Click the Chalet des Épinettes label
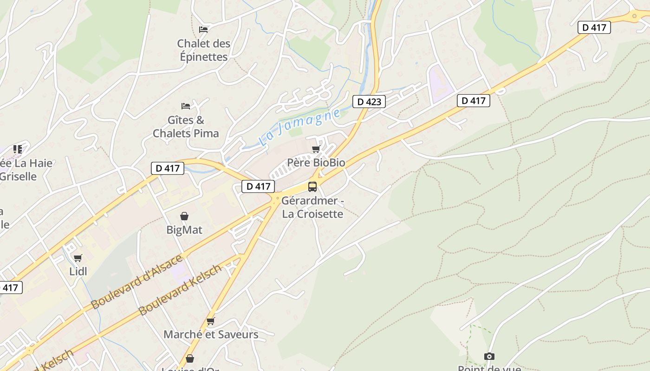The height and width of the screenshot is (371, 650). click(203, 50)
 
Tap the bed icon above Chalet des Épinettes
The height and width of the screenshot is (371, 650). click(203, 29)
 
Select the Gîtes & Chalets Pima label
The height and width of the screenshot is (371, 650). click(186, 127)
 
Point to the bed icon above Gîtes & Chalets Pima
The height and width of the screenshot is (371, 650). click(186, 106)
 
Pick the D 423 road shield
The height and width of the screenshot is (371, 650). click(369, 102)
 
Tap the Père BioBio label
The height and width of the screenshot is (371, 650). click(316, 163)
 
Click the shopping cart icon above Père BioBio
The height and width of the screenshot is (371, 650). click(316, 149)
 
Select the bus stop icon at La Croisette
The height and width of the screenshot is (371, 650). click(312, 187)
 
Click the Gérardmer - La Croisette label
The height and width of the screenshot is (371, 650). click(312, 207)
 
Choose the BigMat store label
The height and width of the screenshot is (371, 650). click(184, 230)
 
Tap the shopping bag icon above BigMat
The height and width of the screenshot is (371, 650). click(184, 216)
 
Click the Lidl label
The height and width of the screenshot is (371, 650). click(78, 271)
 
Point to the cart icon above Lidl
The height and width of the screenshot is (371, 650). click(78, 258)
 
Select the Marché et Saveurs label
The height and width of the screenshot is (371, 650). click(211, 334)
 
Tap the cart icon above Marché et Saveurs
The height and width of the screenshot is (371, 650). click(211, 321)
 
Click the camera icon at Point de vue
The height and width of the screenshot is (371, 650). click(489, 356)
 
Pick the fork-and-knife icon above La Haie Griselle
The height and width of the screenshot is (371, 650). click(18, 149)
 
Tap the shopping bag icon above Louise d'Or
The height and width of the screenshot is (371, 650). click(189, 358)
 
